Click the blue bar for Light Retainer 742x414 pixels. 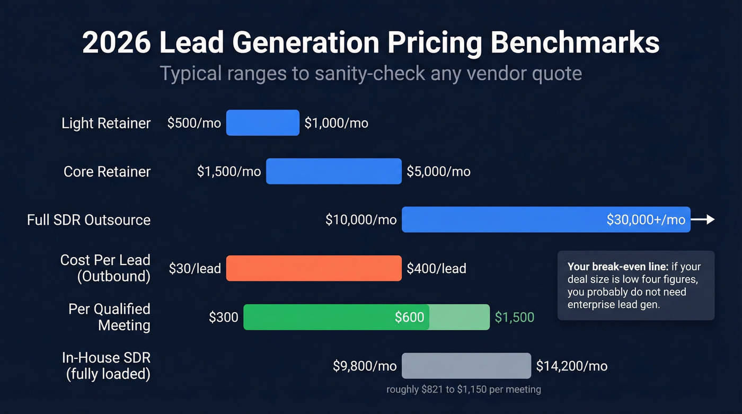262,123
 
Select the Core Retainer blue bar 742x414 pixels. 333,171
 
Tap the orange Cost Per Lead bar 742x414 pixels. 314,268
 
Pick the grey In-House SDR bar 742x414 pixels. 466,366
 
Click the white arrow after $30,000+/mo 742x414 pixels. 703,219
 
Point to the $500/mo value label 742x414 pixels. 194,124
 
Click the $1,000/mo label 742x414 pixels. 336,124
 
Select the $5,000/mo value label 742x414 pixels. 438,172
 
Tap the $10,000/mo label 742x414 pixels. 361,220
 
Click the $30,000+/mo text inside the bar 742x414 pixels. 646,220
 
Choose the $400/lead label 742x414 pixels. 436,269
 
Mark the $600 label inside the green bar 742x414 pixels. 409,318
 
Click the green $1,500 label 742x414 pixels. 514,318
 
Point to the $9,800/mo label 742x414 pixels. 365,366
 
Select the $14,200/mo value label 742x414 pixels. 571,366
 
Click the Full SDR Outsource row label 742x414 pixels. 89,220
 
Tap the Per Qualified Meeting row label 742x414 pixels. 109,317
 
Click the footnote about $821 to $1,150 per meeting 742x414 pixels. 464,390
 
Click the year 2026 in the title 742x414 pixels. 117,43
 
